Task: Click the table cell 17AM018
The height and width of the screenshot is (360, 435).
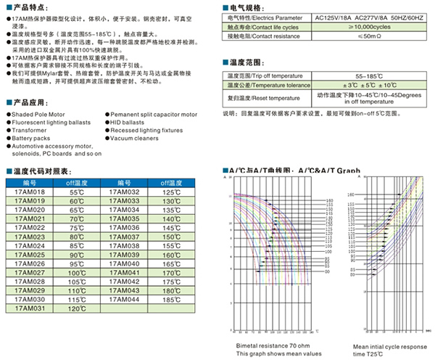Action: [x=30, y=192]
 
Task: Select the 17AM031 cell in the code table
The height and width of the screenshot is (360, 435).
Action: [x=30, y=308]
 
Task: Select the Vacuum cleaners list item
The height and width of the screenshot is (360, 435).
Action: [x=136, y=138]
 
